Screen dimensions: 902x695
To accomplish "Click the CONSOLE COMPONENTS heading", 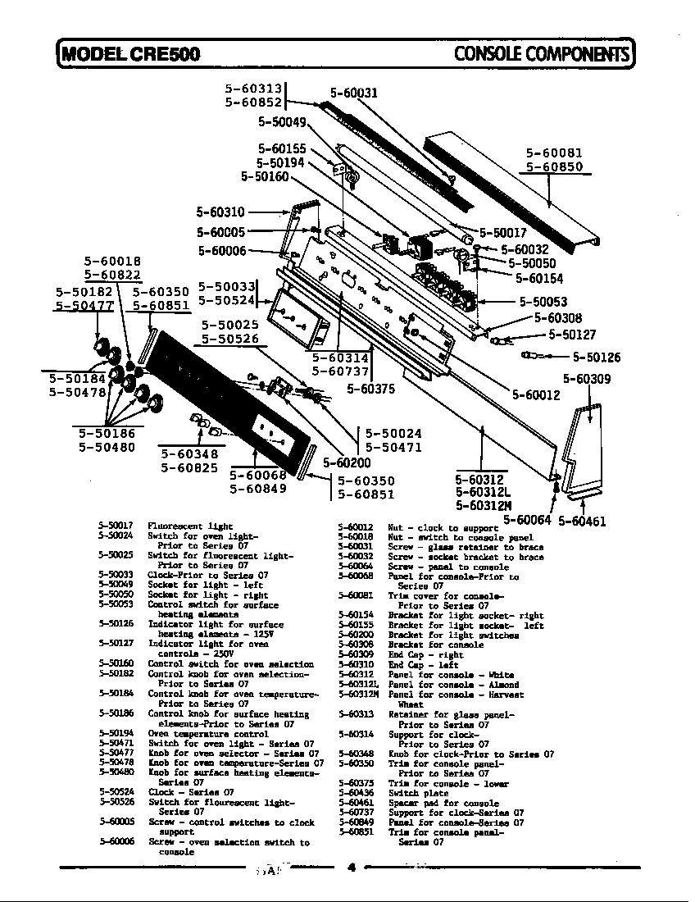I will click(x=543, y=54).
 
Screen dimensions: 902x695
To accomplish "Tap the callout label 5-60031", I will click(x=353, y=93).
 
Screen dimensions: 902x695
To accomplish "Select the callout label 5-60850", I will click(x=554, y=167).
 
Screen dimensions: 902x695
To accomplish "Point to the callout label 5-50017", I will click(x=503, y=232).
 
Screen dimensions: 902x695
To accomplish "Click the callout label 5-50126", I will click(x=597, y=357).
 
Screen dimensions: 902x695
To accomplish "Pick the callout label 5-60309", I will click(x=587, y=379).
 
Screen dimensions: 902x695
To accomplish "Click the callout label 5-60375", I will click(x=370, y=389).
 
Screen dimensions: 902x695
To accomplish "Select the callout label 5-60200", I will click(x=347, y=462).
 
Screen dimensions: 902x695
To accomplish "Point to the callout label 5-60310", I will click(x=220, y=212).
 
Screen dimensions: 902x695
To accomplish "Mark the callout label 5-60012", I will click(x=536, y=394).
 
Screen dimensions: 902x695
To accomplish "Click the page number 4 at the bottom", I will click(x=350, y=868).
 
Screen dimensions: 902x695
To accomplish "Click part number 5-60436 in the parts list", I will click(x=355, y=793).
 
